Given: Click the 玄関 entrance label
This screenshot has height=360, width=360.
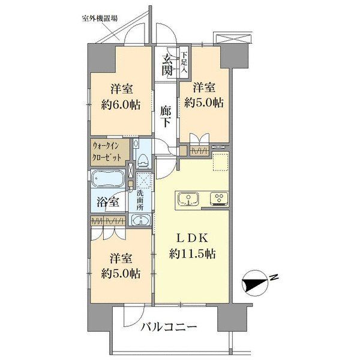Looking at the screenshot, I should click(x=167, y=64).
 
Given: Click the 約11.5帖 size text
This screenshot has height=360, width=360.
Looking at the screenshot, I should click(x=192, y=254).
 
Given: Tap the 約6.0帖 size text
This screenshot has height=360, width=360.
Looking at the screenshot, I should click(x=121, y=104).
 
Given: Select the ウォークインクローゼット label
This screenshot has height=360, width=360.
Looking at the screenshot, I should click(x=109, y=152).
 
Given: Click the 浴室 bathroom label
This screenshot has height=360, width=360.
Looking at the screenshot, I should click(x=108, y=202).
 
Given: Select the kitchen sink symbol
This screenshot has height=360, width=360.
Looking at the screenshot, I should click(x=188, y=199).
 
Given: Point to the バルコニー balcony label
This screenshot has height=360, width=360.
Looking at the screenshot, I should click(x=169, y=328).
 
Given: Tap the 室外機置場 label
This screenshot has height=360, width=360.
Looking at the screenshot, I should click(x=99, y=18).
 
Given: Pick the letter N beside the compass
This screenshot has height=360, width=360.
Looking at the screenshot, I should click(x=273, y=277).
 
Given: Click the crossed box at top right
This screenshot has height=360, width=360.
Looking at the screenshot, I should click(x=233, y=38).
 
